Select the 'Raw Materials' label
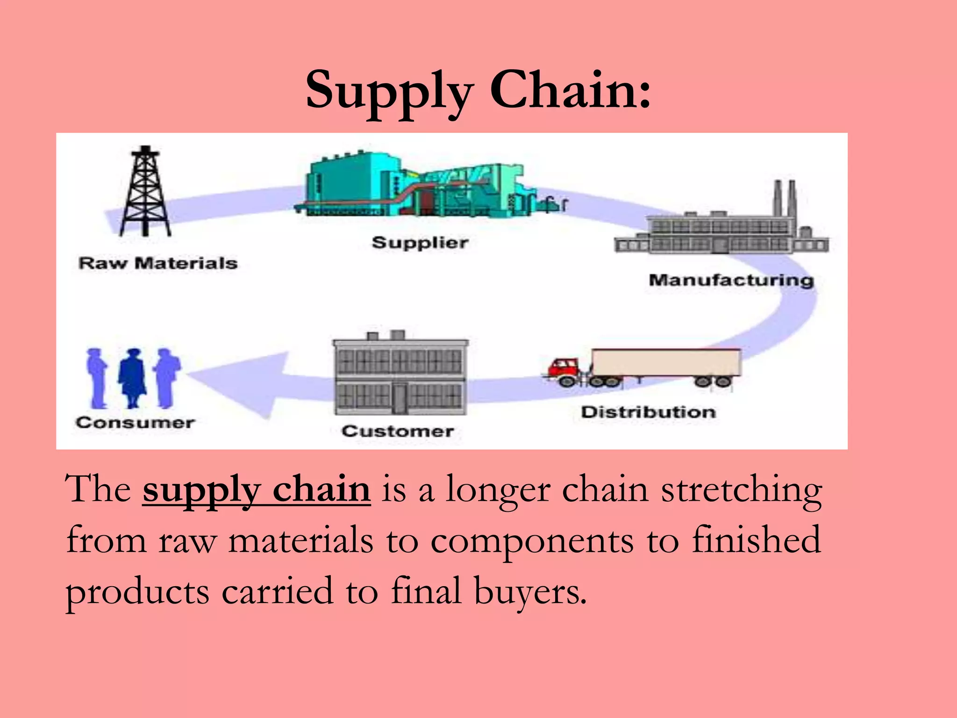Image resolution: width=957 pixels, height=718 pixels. click(158, 263)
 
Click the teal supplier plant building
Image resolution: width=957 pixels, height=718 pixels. click(355, 185)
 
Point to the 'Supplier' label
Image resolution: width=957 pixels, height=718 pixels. click(420, 243)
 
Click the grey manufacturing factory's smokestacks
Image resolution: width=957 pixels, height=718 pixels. click(785, 199)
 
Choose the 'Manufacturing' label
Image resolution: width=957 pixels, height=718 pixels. click(731, 280)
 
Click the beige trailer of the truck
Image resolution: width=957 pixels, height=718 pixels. click(666, 363)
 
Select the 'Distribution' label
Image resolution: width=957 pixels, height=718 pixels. click(648, 412)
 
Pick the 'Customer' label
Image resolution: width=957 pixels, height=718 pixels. click(397, 431)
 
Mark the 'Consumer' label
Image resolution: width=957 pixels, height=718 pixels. click(135, 423)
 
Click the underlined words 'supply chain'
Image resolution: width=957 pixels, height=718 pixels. click(257, 489)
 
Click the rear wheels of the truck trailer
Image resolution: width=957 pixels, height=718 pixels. click(713, 381)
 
